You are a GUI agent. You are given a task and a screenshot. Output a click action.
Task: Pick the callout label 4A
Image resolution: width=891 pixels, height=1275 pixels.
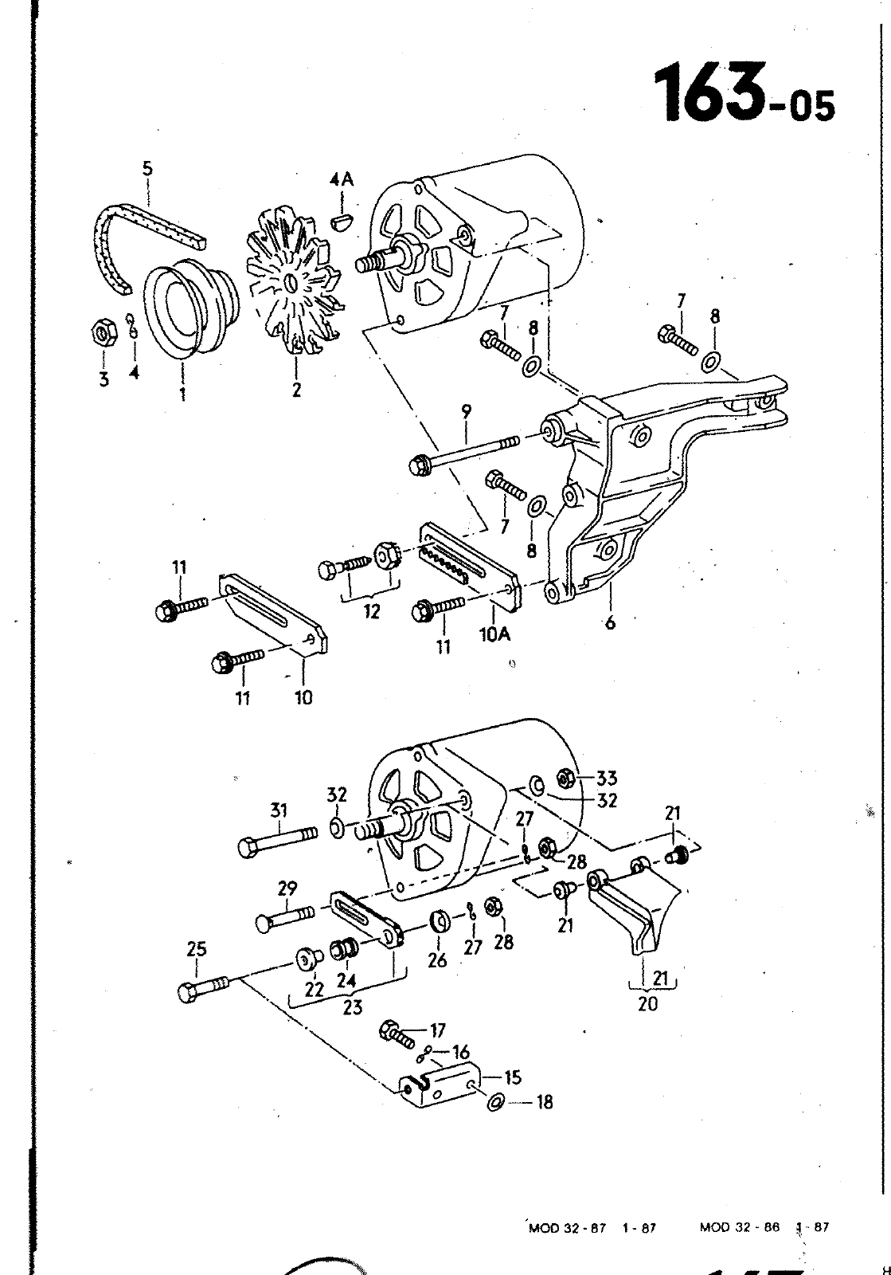pos(341,180)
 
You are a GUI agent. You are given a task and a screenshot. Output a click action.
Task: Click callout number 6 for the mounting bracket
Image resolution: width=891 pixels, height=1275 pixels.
pos(610,622)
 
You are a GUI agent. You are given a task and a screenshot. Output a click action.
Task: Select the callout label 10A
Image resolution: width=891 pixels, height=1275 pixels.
pos(494,634)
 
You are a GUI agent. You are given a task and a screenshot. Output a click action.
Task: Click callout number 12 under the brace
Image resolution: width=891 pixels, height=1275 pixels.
pos(372,611)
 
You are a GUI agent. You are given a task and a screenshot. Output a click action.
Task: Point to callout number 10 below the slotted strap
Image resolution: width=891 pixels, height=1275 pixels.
pos(303,697)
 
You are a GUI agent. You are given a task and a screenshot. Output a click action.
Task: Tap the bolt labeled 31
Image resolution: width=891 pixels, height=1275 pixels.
pos(278,844)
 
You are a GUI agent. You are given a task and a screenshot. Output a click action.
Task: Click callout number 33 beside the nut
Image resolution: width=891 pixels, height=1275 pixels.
pos(606,778)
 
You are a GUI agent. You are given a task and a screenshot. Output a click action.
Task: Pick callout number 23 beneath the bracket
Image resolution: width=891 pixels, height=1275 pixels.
pos(353,1007)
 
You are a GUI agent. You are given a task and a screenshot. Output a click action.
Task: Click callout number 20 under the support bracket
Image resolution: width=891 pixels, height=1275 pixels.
pos(647,1003)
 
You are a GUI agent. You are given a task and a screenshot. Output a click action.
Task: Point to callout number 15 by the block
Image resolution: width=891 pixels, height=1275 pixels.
pos(513,1077)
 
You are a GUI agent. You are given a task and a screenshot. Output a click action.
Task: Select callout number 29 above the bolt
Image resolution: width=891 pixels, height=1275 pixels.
pos(287,888)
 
